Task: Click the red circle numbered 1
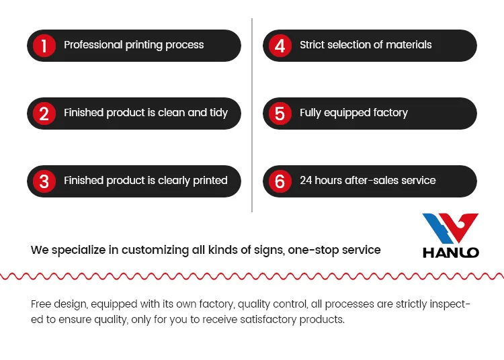point(44,46)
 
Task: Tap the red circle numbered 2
point(44,114)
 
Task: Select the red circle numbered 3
point(44,181)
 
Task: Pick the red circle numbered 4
point(280,46)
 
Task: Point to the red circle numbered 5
point(280,114)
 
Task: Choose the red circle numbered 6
point(280,181)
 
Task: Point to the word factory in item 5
point(386,113)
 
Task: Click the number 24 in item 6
point(306,181)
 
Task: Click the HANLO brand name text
point(450,253)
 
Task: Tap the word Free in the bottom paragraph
point(41,304)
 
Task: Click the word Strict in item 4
point(314,45)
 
